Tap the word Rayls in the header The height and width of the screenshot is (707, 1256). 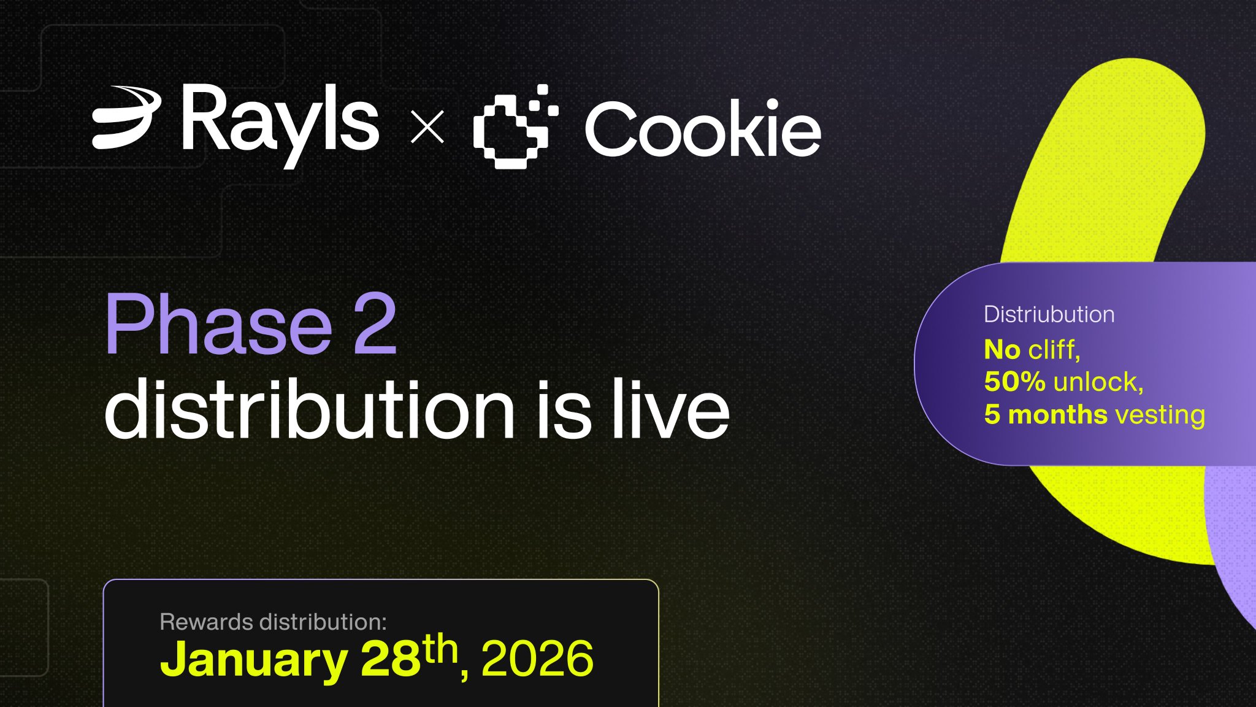click(280, 125)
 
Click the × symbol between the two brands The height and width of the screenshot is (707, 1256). click(427, 126)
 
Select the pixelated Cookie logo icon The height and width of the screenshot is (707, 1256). click(516, 126)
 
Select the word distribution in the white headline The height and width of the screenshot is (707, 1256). click(310, 408)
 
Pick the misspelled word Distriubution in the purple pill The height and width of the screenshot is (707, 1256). click(1049, 314)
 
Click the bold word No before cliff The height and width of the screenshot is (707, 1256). click(1002, 349)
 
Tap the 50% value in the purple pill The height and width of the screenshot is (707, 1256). click(1015, 382)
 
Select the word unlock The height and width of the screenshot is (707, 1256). click(1098, 382)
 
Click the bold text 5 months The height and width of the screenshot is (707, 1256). click(1046, 414)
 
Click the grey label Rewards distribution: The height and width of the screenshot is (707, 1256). click(274, 622)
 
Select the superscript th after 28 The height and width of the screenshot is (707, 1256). click(441, 649)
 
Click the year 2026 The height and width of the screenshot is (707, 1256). click(537, 659)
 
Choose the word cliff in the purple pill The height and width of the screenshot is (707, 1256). click(1054, 349)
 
